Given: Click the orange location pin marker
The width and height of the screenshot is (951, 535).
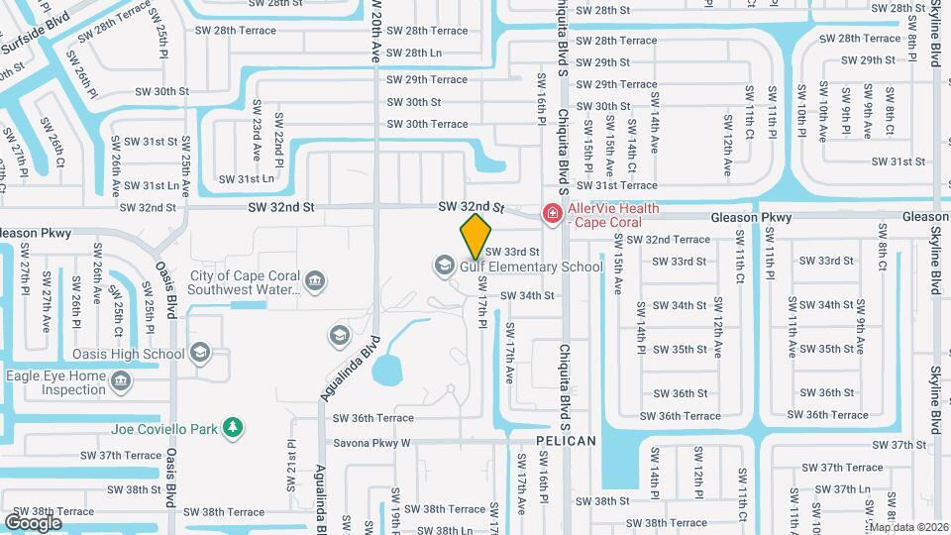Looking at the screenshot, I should pyautogui.click(x=475, y=236).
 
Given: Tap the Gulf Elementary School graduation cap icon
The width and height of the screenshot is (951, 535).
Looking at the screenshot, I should pyautogui.click(x=443, y=265).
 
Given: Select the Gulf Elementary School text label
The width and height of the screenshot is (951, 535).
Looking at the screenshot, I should pyautogui.click(x=531, y=267).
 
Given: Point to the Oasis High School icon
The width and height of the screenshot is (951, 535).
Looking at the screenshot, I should pyautogui.click(x=200, y=353).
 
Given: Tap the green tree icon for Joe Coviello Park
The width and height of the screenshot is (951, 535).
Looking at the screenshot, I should pyautogui.click(x=234, y=428).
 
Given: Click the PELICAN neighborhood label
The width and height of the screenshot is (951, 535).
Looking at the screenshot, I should pyautogui.click(x=566, y=440).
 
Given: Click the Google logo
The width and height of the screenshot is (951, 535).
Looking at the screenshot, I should pyautogui.click(x=33, y=522).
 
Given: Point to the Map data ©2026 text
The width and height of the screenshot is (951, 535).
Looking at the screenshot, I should pyautogui.click(x=908, y=526).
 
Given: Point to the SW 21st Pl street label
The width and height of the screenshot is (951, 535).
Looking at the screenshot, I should pyautogui.click(x=291, y=468).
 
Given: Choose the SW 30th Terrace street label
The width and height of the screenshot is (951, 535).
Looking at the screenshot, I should pyautogui.click(x=427, y=124).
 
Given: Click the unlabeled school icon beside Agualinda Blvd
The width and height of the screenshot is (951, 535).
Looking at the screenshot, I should pyautogui.click(x=340, y=336).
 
